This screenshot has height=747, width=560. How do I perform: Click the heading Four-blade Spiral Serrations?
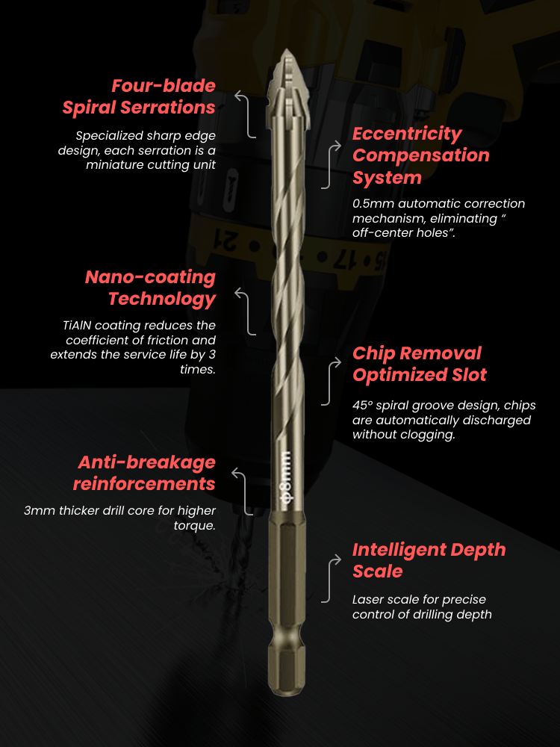click(139, 96)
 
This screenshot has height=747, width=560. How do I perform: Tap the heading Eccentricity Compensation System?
click(421, 155)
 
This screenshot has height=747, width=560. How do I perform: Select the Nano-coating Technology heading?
click(151, 288)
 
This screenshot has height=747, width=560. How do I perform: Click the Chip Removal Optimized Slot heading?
click(420, 364)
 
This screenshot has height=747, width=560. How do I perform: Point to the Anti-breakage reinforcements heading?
click(144, 473)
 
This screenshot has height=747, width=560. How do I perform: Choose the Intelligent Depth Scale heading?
click(429, 560)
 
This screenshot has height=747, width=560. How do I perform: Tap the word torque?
click(193, 526)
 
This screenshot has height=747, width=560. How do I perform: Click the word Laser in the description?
click(367, 599)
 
